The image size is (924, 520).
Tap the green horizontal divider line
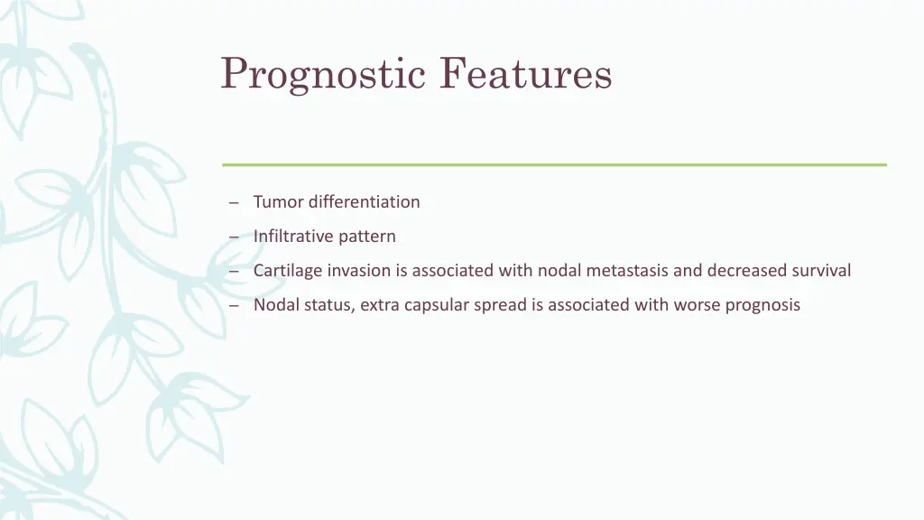pos(554,164)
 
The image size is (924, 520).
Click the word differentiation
pos(365,201)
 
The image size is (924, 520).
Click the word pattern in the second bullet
pos(367,237)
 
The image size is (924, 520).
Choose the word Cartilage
pos(288,271)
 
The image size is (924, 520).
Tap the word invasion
pos(359,271)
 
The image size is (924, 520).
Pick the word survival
pos(821,271)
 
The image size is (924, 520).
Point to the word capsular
pos(436,305)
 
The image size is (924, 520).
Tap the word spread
pos(500,305)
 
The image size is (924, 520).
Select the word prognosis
pos(762,305)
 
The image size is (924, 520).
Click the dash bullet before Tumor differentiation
pos(233,202)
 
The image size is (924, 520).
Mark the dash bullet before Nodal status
pos(233,306)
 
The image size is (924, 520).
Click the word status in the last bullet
pos(328,305)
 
